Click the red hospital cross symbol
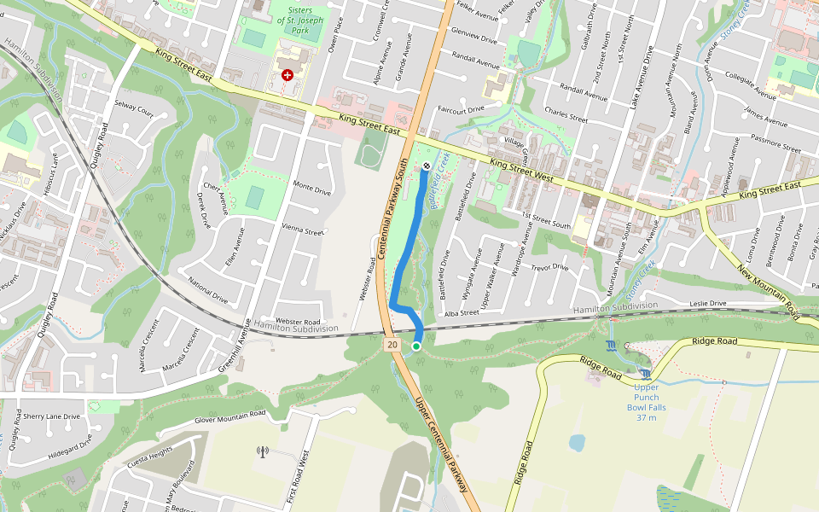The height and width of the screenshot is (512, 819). coord(288,75)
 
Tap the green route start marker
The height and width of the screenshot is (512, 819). coord(416,346)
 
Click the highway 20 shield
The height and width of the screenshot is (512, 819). coord(392,345)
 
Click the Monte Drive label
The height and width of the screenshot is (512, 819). coord(311,189)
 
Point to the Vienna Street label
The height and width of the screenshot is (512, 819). coord(303,230)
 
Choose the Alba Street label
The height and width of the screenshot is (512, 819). coord(462,313)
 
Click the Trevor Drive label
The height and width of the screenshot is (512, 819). coord(549,267)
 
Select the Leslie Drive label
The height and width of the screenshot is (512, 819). coord(707,303)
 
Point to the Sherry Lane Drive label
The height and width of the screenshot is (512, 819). coord(51,416)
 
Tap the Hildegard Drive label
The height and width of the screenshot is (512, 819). coord(70,451)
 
